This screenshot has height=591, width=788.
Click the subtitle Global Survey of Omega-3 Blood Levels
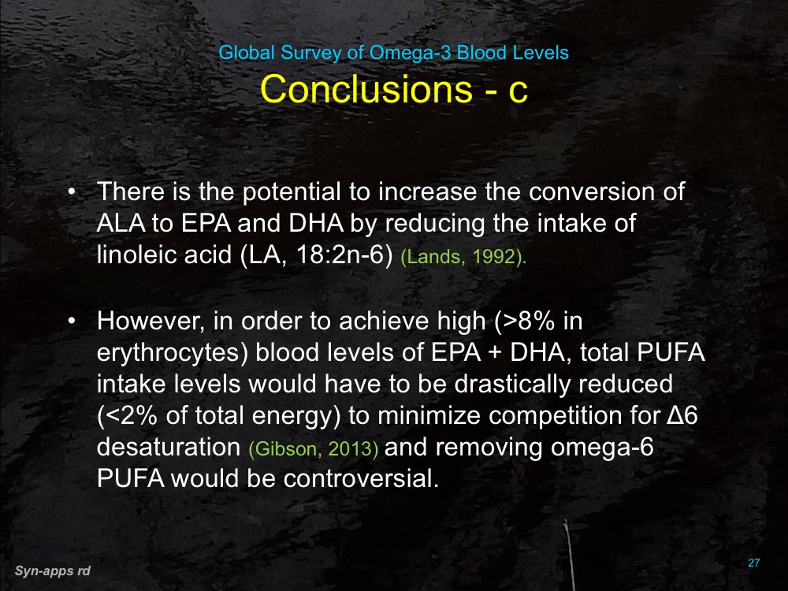[x=393, y=54]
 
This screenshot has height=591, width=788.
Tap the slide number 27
[x=753, y=563]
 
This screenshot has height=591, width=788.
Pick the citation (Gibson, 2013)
[x=314, y=448]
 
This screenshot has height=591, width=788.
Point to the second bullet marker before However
[x=72, y=322]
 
